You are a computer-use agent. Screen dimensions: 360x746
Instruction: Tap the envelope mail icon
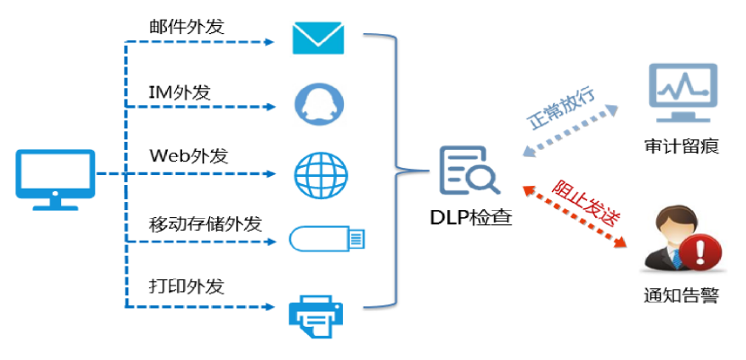coord(318,38)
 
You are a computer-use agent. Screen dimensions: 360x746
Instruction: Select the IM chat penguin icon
coord(320,104)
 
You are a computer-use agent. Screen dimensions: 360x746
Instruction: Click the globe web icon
coord(320,173)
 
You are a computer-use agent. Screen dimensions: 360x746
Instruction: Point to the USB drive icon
coord(328,239)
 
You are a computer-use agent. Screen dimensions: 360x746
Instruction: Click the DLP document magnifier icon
coord(470,171)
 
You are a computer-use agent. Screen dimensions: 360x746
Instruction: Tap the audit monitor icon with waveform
coord(681,92)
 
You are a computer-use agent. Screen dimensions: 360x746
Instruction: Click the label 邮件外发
coord(186,26)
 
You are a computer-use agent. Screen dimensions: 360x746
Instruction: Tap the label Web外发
coord(189,155)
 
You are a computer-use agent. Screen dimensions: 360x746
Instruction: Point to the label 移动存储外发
coord(205,224)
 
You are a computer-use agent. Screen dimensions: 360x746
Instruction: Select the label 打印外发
coord(186,287)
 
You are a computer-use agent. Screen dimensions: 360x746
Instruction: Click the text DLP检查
coord(471,215)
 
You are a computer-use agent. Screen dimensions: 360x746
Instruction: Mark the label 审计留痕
coord(681,146)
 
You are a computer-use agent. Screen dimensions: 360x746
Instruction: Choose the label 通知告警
coord(681,295)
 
